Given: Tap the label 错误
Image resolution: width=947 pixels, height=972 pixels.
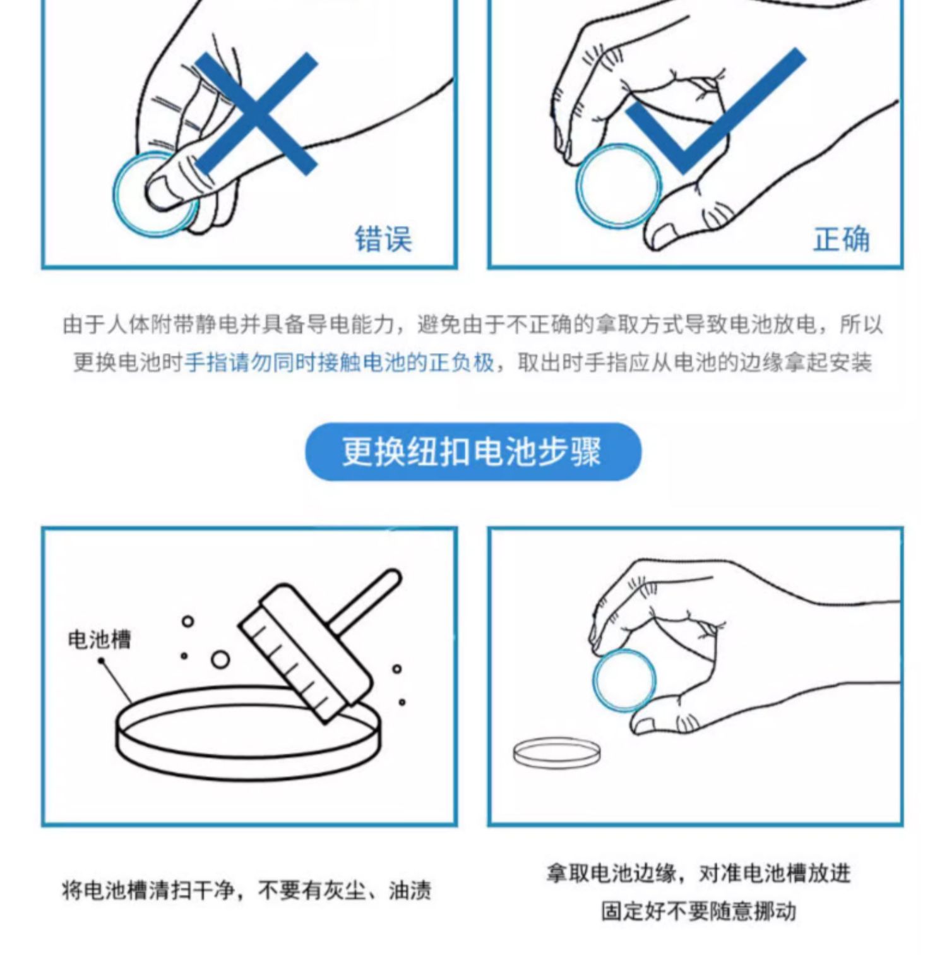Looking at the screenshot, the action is click(x=383, y=239).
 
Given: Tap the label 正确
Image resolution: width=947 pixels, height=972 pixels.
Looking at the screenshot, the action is click(x=841, y=239).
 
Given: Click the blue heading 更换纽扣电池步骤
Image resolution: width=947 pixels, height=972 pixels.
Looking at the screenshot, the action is click(x=472, y=452).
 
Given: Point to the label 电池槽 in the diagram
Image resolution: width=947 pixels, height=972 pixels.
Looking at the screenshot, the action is click(x=99, y=640).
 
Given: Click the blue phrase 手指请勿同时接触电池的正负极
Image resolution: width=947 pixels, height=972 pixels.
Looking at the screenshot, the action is click(x=339, y=363).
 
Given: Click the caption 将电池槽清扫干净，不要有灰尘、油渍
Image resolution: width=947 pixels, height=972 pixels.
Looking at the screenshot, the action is click(x=247, y=891).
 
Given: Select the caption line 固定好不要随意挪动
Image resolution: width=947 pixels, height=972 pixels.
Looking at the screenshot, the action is click(x=698, y=911).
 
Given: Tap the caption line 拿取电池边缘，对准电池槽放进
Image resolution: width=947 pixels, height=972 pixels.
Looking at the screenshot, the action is click(x=698, y=873).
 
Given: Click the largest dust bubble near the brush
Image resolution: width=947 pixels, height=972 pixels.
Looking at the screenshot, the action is click(x=220, y=661).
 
